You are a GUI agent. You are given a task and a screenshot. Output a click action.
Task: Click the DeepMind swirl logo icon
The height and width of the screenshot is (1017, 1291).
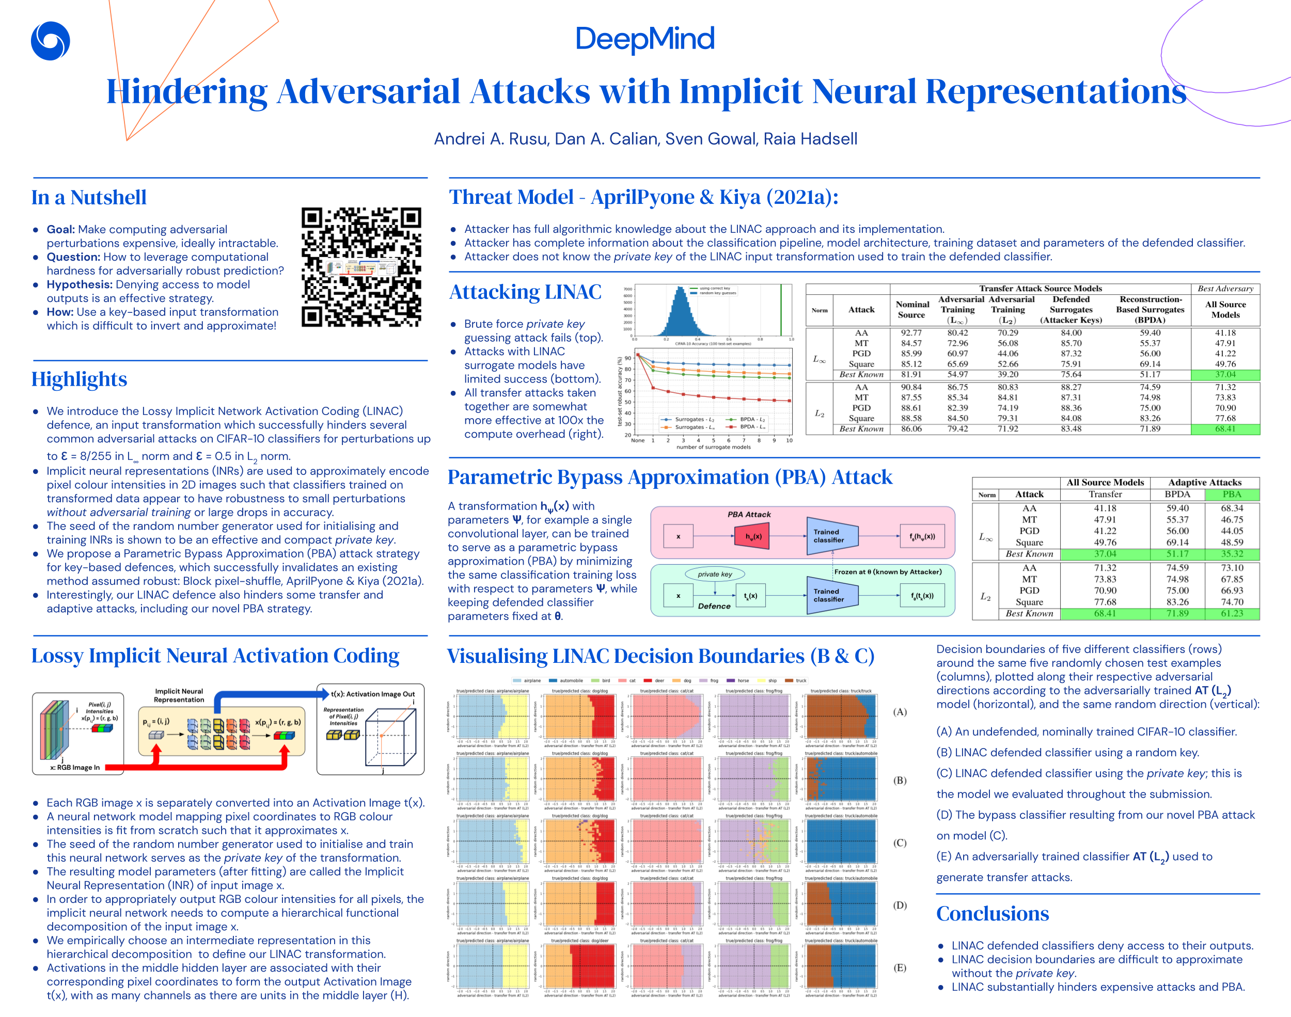click(51, 41)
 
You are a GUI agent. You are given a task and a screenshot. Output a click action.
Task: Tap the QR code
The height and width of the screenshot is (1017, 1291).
click(361, 267)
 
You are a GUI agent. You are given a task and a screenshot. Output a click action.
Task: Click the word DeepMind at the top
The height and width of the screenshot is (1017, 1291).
click(645, 39)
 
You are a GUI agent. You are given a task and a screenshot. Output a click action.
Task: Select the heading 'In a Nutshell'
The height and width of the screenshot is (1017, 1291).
click(89, 198)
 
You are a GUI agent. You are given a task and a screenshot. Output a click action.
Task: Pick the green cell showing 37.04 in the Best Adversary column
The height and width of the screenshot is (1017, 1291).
click(1225, 374)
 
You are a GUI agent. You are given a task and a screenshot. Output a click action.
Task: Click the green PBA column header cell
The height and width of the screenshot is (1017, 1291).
click(1232, 494)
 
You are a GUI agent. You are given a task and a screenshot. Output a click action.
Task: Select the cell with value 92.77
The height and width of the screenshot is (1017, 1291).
click(911, 333)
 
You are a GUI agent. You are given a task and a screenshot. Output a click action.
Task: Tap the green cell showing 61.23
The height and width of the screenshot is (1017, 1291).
click(1232, 613)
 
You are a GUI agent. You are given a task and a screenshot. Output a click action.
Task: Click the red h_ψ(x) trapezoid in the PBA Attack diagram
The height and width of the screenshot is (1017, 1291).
click(753, 536)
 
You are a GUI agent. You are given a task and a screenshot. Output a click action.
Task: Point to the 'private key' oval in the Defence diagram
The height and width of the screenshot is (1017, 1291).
click(715, 574)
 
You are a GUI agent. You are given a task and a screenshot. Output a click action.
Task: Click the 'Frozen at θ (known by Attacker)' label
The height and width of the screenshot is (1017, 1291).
click(887, 571)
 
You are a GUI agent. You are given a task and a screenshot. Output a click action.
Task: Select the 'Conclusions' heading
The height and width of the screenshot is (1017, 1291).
click(992, 913)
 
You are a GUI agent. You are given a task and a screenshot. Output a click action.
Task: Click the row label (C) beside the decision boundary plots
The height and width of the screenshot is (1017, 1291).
click(900, 843)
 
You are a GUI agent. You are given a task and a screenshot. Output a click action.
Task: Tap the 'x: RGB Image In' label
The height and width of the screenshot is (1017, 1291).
click(74, 768)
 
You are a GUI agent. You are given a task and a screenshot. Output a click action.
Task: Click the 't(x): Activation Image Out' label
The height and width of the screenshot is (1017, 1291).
click(373, 694)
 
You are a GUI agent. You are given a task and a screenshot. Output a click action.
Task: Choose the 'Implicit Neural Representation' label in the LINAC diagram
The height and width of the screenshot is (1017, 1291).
click(179, 695)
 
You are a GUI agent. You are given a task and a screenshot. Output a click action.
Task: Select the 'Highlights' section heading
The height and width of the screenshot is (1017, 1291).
click(79, 379)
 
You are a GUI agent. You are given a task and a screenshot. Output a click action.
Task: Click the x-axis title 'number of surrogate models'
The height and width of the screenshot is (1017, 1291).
click(713, 447)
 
